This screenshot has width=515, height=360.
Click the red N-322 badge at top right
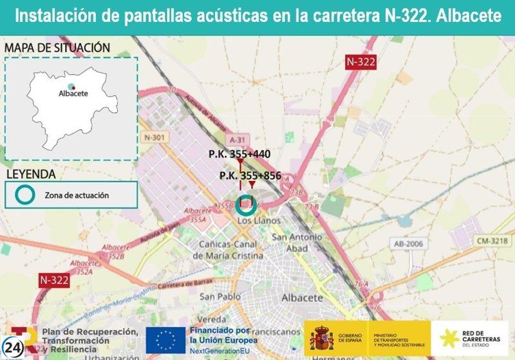click(x=360, y=62)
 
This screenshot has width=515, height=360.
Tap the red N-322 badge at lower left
click(x=53, y=280)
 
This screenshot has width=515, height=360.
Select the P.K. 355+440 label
click(x=239, y=154)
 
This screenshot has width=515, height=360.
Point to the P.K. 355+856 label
click(x=250, y=175)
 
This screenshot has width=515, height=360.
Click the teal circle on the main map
click(x=245, y=205)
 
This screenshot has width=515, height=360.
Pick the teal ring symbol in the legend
click(x=25, y=194)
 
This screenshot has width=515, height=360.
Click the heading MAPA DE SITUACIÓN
click(x=57, y=48)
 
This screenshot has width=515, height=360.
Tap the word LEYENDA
click(x=30, y=174)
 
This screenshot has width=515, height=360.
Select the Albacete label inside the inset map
click(x=73, y=93)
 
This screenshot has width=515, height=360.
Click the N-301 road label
click(x=155, y=137)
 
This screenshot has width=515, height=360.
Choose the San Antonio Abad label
click(x=297, y=242)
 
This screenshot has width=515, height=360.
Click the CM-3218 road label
click(x=492, y=241)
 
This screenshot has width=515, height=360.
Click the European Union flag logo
click(x=165, y=340)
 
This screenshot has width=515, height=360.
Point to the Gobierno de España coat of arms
click(x=321, y=338)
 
